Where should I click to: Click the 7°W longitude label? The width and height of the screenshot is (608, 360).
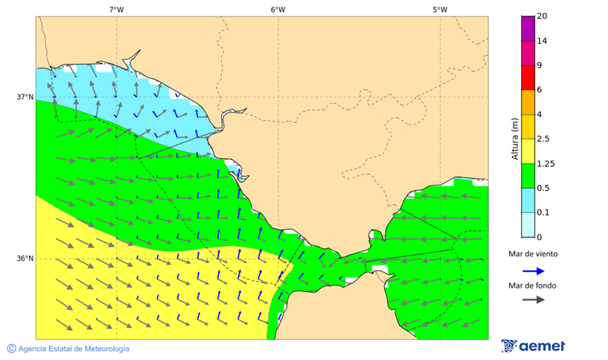[x=116, y=9]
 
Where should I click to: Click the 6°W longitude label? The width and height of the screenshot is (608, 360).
[x=278, y=9]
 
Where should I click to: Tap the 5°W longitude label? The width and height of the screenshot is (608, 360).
[x=440, y=9]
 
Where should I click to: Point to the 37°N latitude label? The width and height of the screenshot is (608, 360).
[x=25, y=97]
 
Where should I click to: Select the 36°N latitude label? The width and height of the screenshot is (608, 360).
[x=25, y=259]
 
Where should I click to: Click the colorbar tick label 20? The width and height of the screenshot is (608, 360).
[x=542, y=16]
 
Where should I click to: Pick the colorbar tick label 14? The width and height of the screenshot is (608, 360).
[x=542, y=41]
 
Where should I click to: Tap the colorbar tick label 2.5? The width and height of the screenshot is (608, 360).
[x=543, y=139]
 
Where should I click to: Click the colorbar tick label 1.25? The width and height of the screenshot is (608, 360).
[x=545, y=163]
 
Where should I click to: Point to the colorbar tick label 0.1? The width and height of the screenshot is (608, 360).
[x=543, y=213]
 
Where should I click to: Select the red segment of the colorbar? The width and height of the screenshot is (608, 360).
[x=529, y=77]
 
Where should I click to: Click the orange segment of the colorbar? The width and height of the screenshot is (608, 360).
[x=529, y=102]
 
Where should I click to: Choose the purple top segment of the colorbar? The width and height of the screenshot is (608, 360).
[x=529, y=28]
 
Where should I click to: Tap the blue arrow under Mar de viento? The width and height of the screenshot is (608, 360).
[x=533, y=271]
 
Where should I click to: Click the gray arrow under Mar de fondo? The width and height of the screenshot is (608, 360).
[x=533, y=299]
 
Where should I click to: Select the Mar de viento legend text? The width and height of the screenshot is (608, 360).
[x=533, y=254]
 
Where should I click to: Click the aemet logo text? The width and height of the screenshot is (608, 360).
[x=542, y=346]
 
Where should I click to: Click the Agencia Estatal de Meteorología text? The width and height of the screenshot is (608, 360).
[x=74, y=349]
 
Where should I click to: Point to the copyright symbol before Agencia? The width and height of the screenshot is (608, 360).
[x=11, y=349]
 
